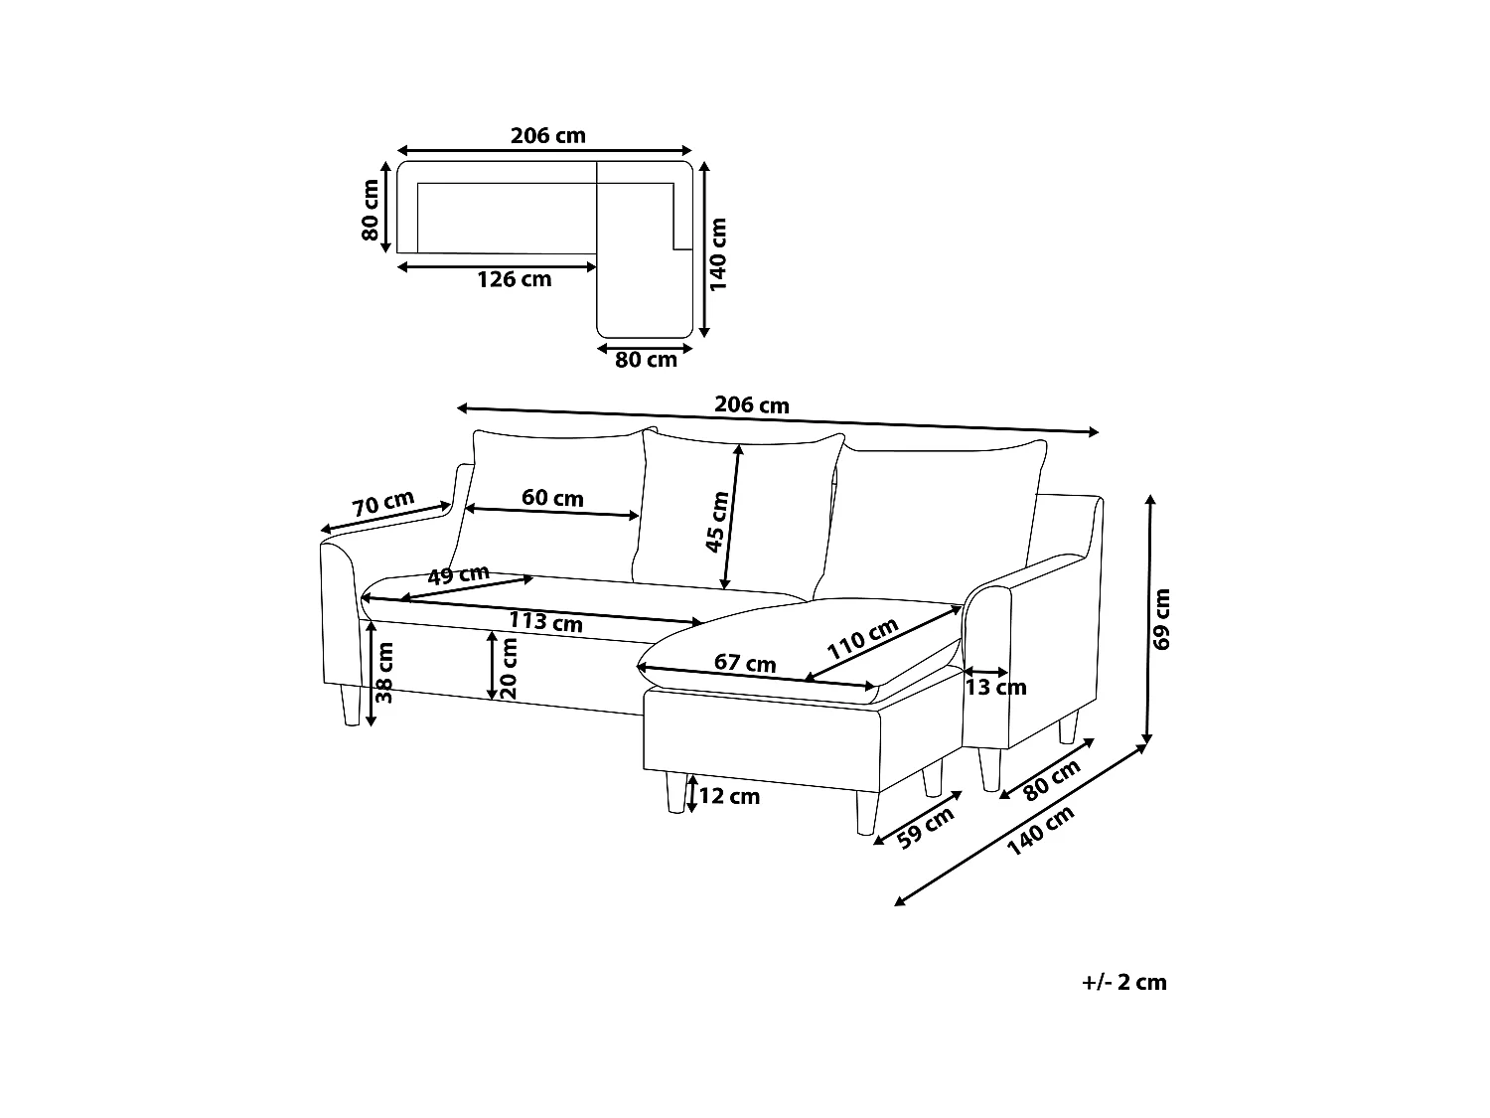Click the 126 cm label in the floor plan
point(514,279)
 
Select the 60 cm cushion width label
point(552,498)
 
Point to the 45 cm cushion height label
point(717,522)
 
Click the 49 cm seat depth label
point(458,575)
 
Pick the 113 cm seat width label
point(545,622)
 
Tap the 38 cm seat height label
point(384,673)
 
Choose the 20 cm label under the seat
point(509,668)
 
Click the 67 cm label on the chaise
point(745,663)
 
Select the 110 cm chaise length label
point(862,639)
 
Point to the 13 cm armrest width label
point(996,688)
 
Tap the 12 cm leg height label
point(729,796)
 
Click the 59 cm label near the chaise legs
point(925,828)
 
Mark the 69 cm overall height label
point(1161,619)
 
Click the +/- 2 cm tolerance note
point(1124,982)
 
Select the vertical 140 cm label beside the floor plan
point(717,254)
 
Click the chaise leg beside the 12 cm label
point(676,792)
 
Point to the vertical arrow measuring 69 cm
point(1148,620)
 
